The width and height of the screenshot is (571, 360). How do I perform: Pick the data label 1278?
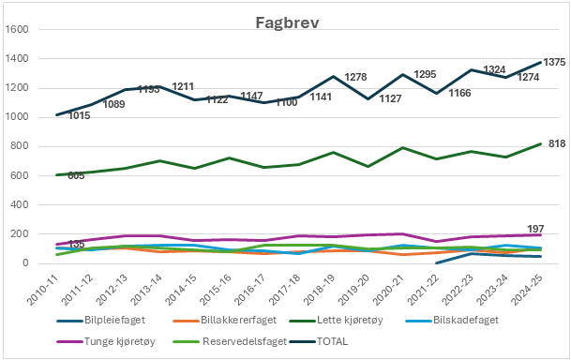pyautogui.click(x=355, y=77)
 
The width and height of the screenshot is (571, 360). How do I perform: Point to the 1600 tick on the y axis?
pyautogui.click(x=19, y=29)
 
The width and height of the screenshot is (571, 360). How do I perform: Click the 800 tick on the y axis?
pyautogui.click(x=22, y=146)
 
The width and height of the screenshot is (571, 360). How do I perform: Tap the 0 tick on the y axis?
pyautogui.click(x=28, y=263)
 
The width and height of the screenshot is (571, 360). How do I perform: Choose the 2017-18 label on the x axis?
pyautogui.click(x=288, y=285)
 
